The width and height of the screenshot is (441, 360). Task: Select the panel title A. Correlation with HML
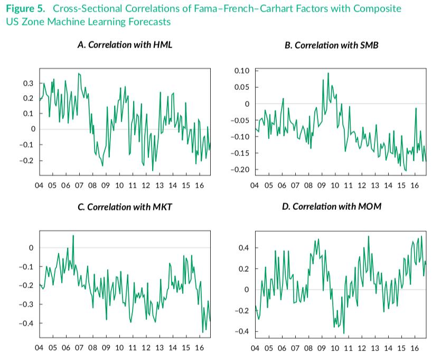[125, 44]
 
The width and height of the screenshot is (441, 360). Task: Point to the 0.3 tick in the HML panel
[27, 83]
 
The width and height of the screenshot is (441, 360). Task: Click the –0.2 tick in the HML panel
[26, 160]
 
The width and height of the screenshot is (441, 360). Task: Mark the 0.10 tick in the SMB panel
[242, 70]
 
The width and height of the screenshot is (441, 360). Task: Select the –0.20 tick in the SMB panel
[241, 169]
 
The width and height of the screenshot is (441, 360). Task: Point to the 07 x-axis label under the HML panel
[79, 186]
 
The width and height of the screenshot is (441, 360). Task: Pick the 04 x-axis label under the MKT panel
[39, 348]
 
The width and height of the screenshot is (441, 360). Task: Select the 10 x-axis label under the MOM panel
[334, 348]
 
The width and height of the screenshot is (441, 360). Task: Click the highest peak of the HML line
[79, 73]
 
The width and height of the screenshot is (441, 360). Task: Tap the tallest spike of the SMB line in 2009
[328, 73]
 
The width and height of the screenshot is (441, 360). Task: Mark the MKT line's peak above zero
[73, 235]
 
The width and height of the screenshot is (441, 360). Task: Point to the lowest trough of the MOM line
[344, 334]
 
